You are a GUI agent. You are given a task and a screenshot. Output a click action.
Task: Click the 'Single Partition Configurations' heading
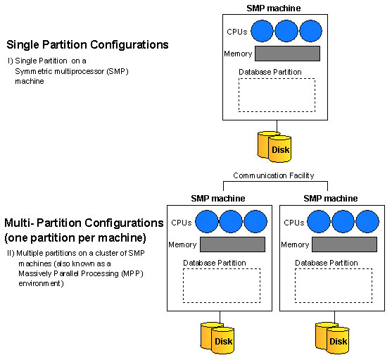pyautogui.click(x=87, y=45)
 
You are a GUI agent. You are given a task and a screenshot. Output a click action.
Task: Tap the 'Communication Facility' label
pyautogui.click(x=274, y=175)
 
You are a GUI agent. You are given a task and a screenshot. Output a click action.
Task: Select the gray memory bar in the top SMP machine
pyautogui.click(x=287, y=54)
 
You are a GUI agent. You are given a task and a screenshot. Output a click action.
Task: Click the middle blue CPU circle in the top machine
pyautogui.click(x=286, y=31)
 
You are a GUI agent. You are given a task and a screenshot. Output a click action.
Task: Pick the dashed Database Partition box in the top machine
pyautogui.click(x=277, y=79)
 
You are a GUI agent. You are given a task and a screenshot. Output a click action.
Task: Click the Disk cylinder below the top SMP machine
pyautogui.click(x=274, y=147)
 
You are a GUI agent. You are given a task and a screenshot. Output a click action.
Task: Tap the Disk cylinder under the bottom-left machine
pyautogui.click(x=217, y=338)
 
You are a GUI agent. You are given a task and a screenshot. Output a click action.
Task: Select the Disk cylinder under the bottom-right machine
pyautogui.click(x=332, y=338)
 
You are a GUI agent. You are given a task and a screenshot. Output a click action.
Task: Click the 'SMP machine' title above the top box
pyautogui.click(x=274, y=8)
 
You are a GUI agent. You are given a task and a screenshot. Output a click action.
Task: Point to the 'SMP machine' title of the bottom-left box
pyautogui.click(x=218, y=199)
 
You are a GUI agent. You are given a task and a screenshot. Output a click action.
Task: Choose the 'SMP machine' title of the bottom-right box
pyautogui.click(x=331, y=199)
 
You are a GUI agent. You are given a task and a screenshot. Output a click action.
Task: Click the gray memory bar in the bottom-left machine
pyautogui.click(x=232, y=244)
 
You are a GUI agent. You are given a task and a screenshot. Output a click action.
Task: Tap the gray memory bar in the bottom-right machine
pyautogui.click(x=345, y=244)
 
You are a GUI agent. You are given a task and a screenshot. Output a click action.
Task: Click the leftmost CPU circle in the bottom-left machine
pyautogui.click(x=206, y=222)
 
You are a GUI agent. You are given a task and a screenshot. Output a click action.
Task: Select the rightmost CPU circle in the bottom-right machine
pyautogui.click(x=367, y=222)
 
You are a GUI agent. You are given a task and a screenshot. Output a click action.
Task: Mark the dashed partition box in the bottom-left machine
pyautogui.click(x=222, y=269)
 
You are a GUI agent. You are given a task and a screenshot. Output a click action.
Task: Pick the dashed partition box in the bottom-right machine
pyautogui.click(x=334, y=269)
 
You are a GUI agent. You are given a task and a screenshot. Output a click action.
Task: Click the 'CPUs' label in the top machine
pyautogui.click(x=236, y=32)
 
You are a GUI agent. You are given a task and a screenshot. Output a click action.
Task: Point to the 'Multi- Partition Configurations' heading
pyautogui.click(x=84, y=223)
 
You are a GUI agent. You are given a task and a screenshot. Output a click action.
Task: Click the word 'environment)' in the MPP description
pyautogui.click(x=41, y=283)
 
